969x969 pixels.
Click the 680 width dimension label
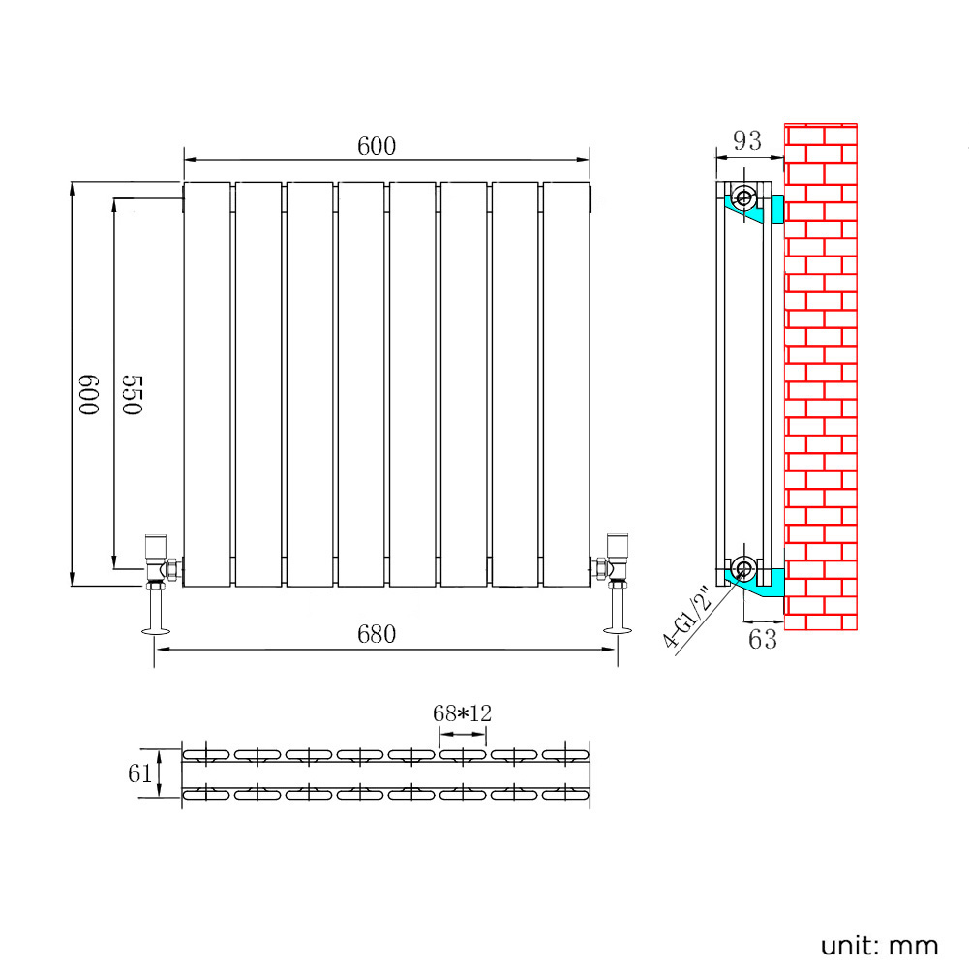click(377, 634)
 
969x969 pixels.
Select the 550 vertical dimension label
click(133, 395)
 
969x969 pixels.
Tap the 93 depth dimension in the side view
click(745, 141)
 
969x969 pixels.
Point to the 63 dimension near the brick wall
click(763, 639)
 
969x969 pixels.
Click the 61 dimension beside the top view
click(140, 772)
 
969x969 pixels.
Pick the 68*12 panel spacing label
click(463, 713)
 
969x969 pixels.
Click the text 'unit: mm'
click(879, 945)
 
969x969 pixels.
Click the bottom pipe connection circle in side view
click(743, 567)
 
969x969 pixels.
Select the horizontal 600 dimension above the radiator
click(377, 146)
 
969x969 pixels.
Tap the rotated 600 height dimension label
click(90, 395)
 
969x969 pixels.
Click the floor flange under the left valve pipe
click(155, 632)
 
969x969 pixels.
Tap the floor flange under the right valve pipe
click(616, 631)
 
